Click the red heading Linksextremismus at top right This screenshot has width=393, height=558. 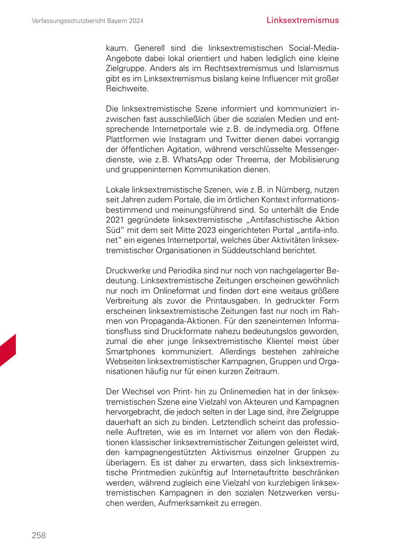pos(302,20)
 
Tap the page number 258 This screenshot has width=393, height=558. pos(39,535)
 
